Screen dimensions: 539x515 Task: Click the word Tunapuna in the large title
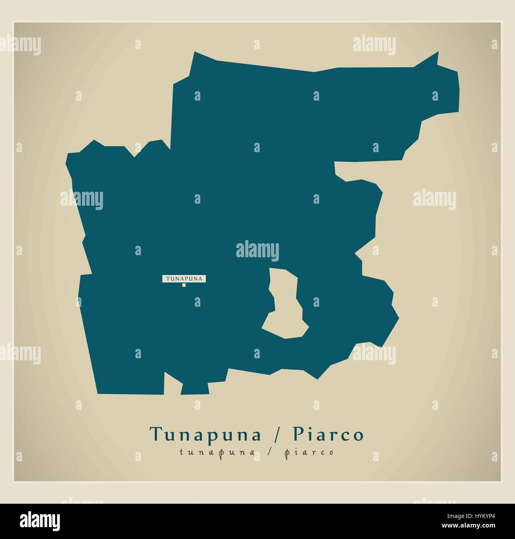pos(205,434)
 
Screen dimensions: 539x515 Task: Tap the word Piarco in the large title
pos(328,434)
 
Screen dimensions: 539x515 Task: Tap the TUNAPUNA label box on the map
pos(184,279)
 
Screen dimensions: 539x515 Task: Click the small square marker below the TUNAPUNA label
pos(184,285)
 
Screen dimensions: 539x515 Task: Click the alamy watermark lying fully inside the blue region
pos(257,250)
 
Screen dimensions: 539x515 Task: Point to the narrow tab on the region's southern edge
pos(195,388)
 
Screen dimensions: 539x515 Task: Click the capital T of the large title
pos(155,434)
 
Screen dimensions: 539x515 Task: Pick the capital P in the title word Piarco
pos(298,434)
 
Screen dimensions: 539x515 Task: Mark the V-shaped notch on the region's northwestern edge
pos(135,155)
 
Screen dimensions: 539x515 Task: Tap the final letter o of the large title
pos(358,436)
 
